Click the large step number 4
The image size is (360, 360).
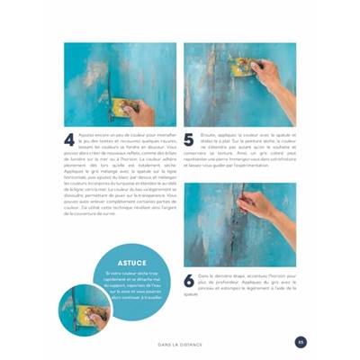point(69,139)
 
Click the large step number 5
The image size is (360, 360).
point(189,139)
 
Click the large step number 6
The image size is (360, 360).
point(189,281)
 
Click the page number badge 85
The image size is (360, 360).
point(301,341)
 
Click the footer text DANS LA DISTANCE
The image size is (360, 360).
point(179,342)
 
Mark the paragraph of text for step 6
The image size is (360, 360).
point(238,283)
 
